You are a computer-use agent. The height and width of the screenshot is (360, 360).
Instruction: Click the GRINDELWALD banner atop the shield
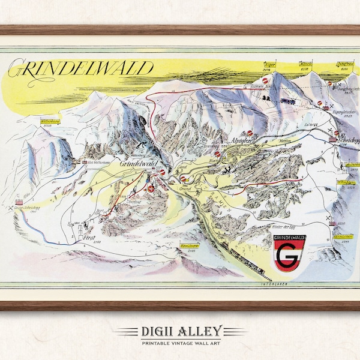coord(290,239)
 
